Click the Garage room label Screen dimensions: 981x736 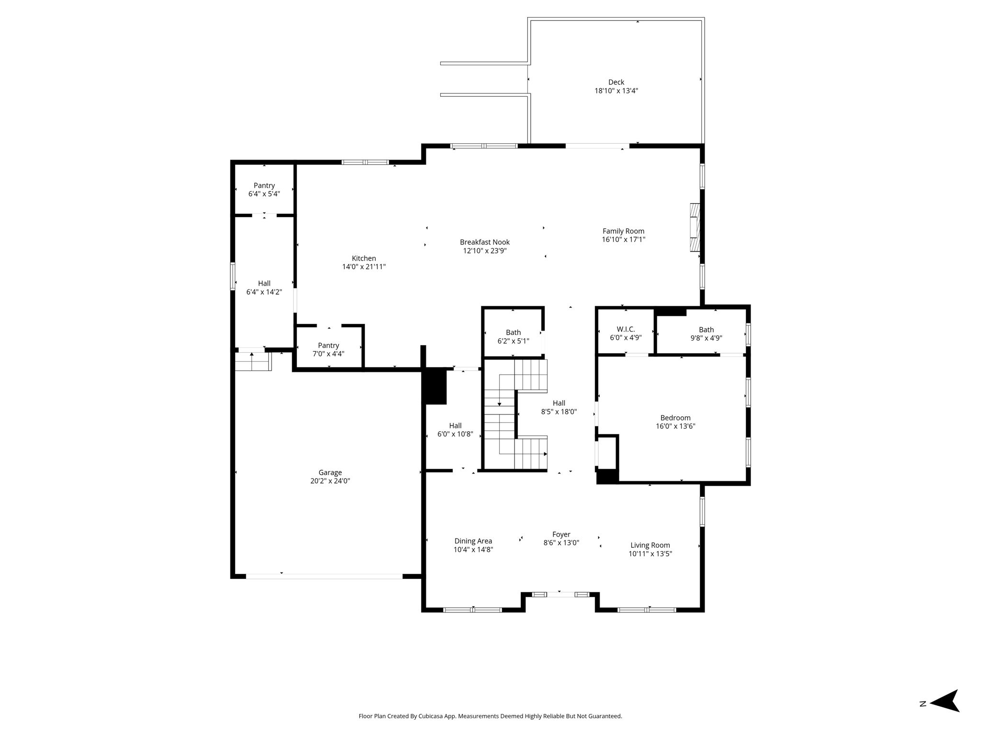(330, 472)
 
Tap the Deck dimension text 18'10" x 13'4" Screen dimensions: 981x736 (616, 91)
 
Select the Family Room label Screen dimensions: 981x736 (623, 231)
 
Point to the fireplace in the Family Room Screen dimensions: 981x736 (695, 228)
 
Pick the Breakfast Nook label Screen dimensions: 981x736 (485, 242)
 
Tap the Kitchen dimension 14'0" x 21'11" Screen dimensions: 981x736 (364, 267)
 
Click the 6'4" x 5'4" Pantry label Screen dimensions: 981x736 (264, 190)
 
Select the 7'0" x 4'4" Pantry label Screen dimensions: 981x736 (328, 350)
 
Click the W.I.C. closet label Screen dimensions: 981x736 (626, 329)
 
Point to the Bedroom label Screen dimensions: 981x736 (675, 418)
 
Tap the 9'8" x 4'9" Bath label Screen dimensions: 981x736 (706, 333)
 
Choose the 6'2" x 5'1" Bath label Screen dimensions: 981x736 (513, 337)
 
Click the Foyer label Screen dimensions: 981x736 (561, 534)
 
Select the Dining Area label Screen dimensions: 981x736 (473, 541)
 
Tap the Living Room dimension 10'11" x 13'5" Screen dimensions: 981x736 (650, 553)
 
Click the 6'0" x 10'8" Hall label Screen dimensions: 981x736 (455, 430)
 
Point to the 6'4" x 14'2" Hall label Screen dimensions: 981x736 (264, 287)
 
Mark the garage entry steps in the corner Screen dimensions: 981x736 (253, 361)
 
